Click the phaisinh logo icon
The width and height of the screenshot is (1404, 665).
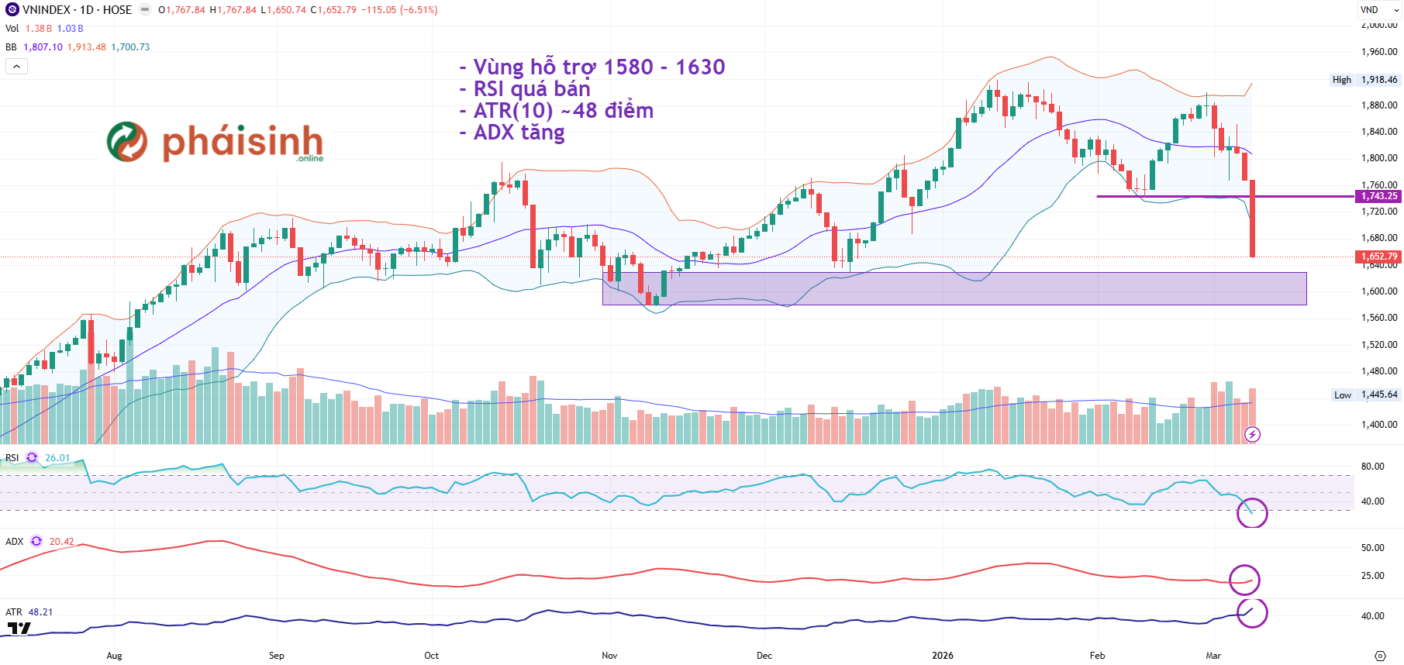pos(127,142)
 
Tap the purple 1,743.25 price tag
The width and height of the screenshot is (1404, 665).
pos(1379,196)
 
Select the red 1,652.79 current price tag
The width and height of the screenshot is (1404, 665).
pos(1379,257)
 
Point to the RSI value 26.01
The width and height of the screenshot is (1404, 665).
pos(57,458)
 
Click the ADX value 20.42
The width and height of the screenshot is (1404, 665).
pos(62,542)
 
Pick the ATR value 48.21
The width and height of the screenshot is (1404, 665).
pos(40,612)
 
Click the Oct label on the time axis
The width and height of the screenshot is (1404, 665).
pos(432,656)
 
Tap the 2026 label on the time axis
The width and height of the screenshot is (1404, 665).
pos(943,656)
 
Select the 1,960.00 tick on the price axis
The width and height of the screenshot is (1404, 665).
pos(1379,52)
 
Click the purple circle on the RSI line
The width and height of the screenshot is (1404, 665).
pos(1252,512)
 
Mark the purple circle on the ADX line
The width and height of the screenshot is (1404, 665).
pos(1244,580)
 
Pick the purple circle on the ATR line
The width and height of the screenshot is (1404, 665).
pos(1252,612)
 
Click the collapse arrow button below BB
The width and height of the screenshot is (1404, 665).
pos(16,67)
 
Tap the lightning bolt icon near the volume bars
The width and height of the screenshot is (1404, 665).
pos(1252,435)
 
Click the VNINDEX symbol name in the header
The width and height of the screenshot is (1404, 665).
pos(47,10)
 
